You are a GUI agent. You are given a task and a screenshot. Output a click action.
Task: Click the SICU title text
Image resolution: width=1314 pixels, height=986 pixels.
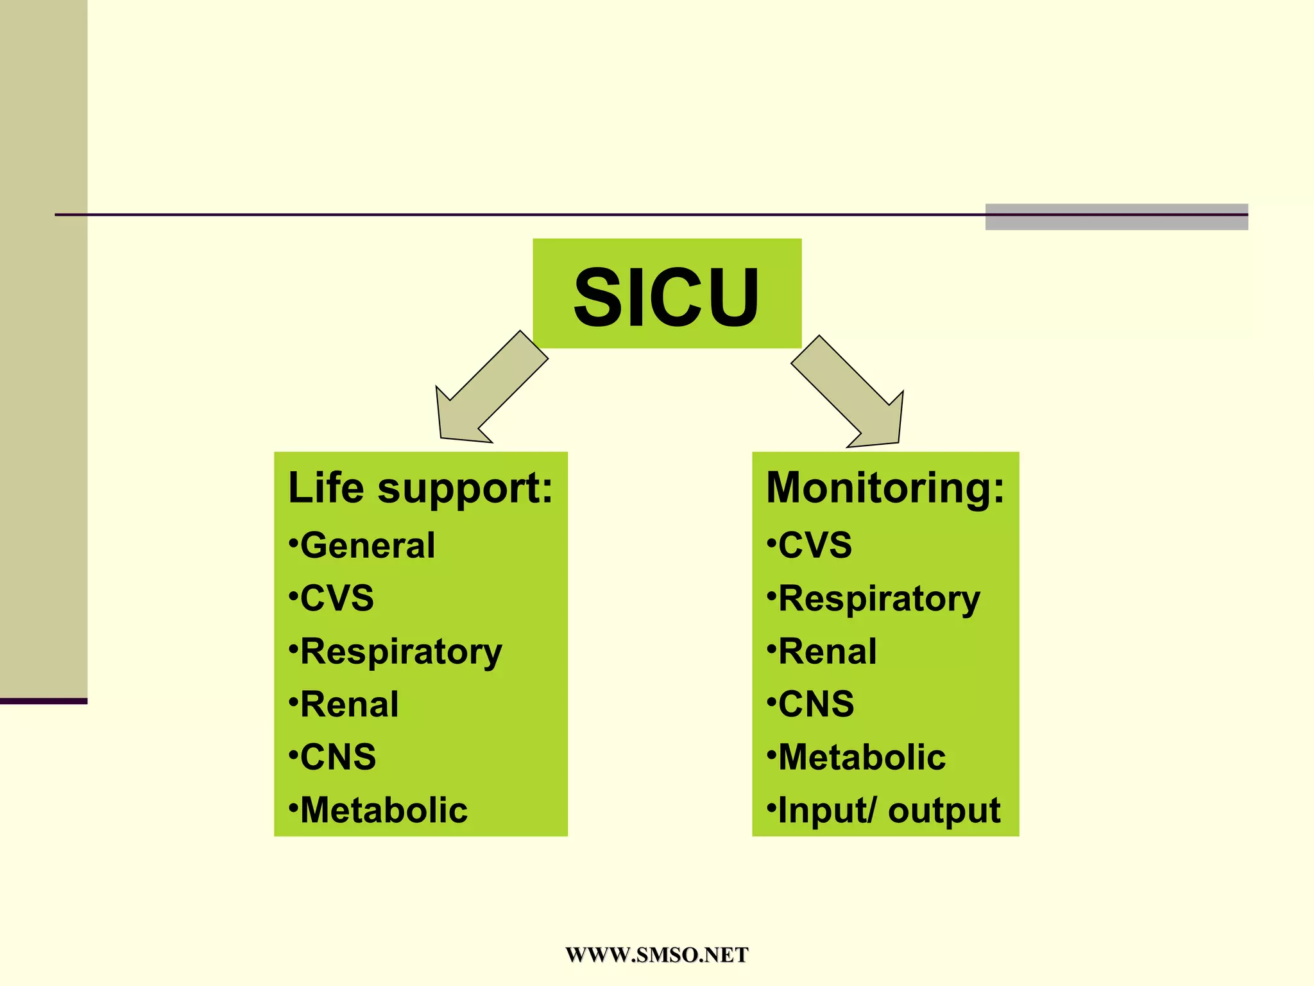pyautogui.click(x=667, y=297)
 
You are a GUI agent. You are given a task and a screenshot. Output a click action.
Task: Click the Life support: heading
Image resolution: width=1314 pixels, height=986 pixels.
pyautogui.click(x=420, y=488)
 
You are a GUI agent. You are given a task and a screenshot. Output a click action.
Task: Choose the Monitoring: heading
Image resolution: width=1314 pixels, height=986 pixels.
pyautogui.click(x=885, y=488)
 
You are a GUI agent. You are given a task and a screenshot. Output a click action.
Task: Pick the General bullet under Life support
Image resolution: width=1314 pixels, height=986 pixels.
pyautogui.click(x=367, y=546)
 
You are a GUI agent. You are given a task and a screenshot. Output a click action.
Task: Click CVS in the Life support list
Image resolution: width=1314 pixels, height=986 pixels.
pyautogui.click(x=336, y=598)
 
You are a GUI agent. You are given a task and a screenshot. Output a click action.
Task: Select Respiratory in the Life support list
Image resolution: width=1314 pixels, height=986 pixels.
pyautogui.click(x=400, y=652)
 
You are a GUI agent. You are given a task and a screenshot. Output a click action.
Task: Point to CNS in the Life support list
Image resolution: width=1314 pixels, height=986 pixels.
pyautogui.click(x=337, y=757)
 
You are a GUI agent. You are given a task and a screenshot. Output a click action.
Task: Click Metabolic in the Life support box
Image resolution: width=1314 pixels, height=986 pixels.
pyautogui.click(x=383, y=810)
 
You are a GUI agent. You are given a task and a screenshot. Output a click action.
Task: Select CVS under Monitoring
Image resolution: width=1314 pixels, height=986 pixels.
pyautogui.click(x=814, y=546)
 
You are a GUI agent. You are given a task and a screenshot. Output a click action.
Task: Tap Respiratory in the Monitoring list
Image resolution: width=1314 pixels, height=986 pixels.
pyautogui.click(x=878, y=599)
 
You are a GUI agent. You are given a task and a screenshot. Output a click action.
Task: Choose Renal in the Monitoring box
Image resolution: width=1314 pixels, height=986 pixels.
pyautogui.click(x=826, y=652)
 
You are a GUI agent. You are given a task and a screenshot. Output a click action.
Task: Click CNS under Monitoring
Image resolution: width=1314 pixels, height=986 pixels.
pyautogui.click(x=815, y=704)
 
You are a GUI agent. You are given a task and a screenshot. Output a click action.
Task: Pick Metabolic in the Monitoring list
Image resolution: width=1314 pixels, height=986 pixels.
pyautogui.click(x=861, y=757)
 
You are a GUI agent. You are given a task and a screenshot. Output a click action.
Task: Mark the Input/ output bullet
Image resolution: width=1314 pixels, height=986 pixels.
pyautogui.click(x=888, y=810)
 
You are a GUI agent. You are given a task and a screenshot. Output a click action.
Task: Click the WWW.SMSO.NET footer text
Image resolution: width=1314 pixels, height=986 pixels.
pyautogui.click(x=656, y=955)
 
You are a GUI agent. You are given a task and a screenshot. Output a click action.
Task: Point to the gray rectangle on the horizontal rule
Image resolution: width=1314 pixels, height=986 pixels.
pyautogui.click(x=1116, y=217)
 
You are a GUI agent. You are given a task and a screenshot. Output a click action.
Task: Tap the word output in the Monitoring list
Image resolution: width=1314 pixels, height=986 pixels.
pyautogui.click(x=944, y=810)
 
